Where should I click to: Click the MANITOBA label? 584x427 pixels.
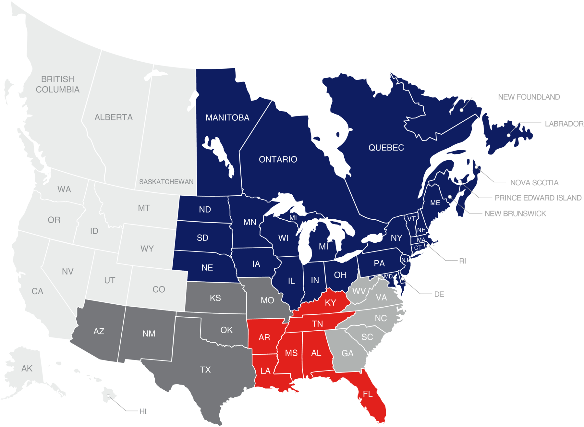(x=227, y=117)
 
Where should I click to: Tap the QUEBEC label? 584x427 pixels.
(x=386, y=148)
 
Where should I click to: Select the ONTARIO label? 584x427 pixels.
(x=278, y=159)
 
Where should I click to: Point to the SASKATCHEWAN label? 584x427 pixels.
(x=166, y=182)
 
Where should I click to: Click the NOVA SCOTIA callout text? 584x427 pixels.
(x=534, y=183)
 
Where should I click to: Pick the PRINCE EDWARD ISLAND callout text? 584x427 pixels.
(x=538, y=198)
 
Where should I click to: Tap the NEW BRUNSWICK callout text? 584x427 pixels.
(x=515, y=213)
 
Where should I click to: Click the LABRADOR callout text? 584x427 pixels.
(x=564, y=124)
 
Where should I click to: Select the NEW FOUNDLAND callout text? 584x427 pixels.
(x=529, y=97)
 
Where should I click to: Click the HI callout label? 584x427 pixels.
(x=143, y=411)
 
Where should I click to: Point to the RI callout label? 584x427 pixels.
(x=462, y=261)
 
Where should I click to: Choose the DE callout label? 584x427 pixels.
(x=439, y=294)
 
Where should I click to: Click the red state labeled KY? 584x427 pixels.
(x=330, y=303)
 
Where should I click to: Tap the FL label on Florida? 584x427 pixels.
(x=368, y=394)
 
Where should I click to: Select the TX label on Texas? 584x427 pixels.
(x=205, y=370)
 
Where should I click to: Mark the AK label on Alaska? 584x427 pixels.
(x=27, y=369)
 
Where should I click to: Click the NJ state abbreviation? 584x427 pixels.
(x=405, y=260)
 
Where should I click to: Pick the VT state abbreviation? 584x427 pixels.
(x=411, y=219)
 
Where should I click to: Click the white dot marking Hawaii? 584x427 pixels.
(x=108, y=396)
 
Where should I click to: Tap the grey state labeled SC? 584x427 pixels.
(x=367, y=337)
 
